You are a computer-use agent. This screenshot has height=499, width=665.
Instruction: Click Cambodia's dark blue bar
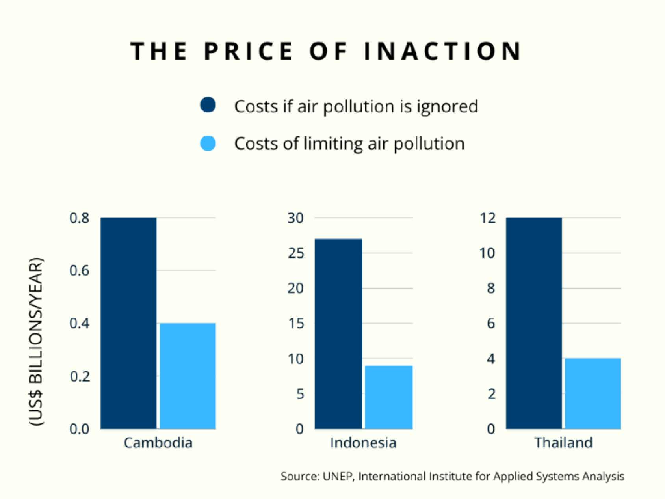(128, 323)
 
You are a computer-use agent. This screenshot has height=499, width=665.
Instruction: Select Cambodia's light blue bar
(188, 376)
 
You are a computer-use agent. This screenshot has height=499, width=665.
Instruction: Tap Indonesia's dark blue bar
(338, 334)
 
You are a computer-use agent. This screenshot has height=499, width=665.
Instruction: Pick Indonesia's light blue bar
(388, 397)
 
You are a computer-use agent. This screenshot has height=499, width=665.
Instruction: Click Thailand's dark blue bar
(534, 323)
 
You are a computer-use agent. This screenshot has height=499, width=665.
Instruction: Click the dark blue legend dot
(208, 105)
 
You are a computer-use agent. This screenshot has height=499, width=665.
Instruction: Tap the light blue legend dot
(208, 143)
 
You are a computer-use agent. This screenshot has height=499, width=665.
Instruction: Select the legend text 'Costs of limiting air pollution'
(349, 143)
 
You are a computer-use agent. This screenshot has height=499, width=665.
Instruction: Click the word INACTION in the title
(442, 51)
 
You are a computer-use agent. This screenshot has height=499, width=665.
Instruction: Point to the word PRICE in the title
(249, 51)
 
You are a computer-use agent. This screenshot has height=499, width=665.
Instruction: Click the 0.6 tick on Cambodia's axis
(80, 271)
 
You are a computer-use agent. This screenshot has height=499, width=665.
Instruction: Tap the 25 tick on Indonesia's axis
(296, 253)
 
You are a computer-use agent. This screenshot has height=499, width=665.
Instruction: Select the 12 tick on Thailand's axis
(488, 218)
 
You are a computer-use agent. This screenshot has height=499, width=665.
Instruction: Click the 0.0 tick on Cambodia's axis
(80, 429)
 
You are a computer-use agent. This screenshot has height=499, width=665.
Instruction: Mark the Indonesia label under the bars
(363, 443)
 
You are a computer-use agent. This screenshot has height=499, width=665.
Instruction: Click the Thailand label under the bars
(563, 443)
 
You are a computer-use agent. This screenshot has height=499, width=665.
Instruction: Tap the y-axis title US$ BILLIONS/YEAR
(36, 341)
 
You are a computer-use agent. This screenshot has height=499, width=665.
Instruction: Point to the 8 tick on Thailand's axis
(490, 288)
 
